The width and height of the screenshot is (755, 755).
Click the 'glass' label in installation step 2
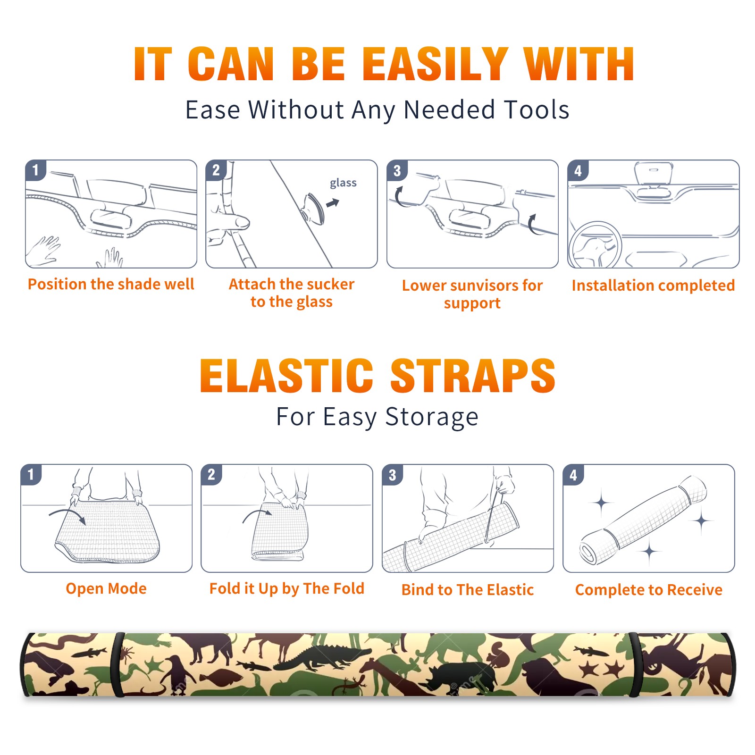click(x=343, y=183)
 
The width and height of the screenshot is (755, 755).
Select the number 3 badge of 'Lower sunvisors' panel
click(x=397, y=170)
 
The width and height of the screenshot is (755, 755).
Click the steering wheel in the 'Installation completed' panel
click(x=595, y=245)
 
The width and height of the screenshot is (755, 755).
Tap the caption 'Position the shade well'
click(x=111, y=284)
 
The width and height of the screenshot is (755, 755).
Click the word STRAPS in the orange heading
click(x=473, y=376)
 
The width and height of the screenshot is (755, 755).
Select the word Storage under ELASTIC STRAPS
click(x=432, y=417)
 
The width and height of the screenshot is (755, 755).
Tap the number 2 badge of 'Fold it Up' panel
click(x=211, y=475)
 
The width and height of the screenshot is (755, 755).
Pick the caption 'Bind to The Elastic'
click(x=468, y=590)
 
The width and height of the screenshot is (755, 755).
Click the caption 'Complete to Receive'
click(x=649, y=590)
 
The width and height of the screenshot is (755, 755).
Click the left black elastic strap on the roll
click(x=117, y=664)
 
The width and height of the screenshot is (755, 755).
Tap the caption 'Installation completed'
click(x=653, y=285)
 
